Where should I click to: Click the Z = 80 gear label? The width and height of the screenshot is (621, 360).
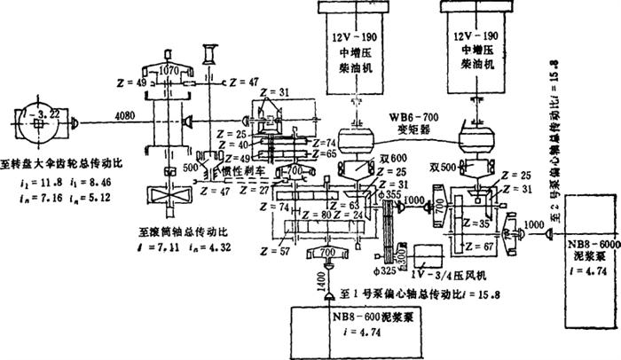pyautogui.click(x=317, y=214)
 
